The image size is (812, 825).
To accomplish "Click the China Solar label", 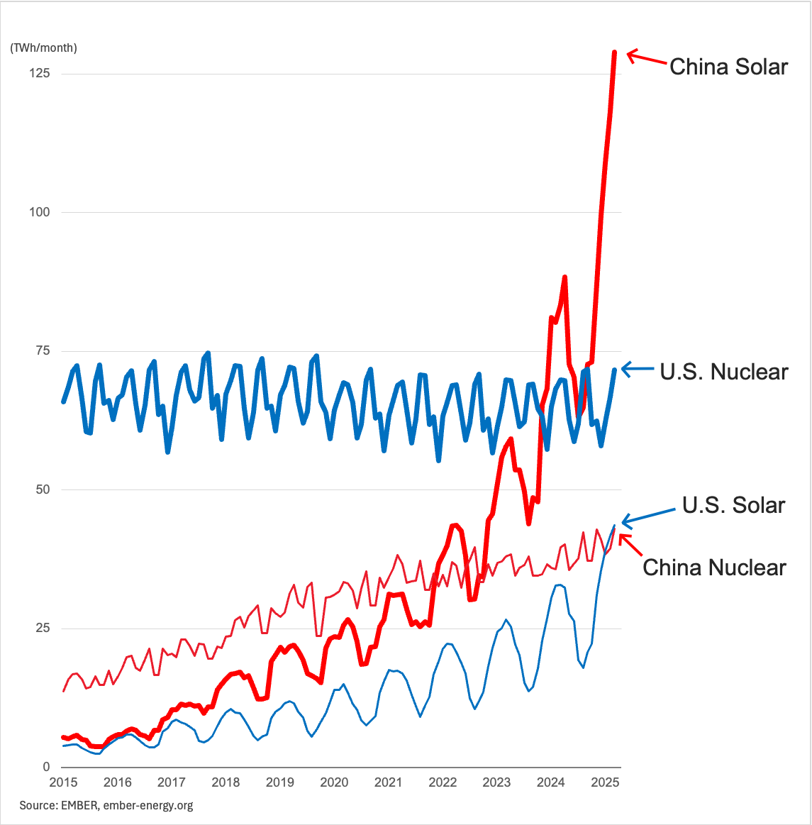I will point(728,67).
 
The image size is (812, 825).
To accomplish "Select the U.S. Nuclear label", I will point(723,372).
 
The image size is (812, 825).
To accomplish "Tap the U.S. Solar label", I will point(733,505).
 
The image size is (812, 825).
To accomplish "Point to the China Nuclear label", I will point(714,567).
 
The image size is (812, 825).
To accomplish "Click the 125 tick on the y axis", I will point(40,73).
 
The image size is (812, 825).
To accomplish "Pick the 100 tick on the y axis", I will point(40,212).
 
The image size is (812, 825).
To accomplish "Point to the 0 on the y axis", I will point(46,767).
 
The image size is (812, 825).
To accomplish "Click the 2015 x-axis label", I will point(63,782).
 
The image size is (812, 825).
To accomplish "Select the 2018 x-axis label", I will point(226,782).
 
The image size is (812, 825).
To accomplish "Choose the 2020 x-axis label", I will point(334,782).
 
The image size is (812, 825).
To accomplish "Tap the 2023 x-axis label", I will point(496,782).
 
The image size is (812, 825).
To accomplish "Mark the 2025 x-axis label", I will point(605,782).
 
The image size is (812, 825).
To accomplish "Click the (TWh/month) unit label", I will point(43,48).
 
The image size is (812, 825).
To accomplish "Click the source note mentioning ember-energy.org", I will point(106,805).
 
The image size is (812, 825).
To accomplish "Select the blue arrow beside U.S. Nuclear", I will point(638,369).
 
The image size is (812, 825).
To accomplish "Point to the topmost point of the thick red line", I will point(615,52).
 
